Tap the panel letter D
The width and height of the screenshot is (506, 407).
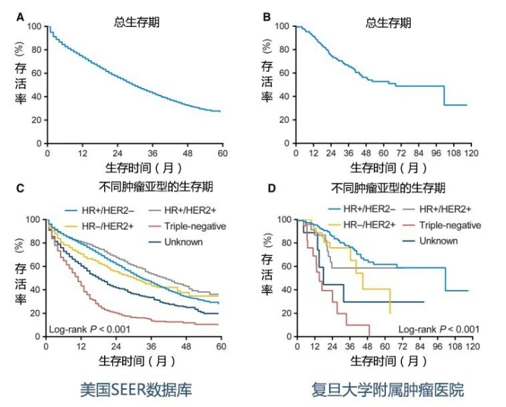(x=270, y=189)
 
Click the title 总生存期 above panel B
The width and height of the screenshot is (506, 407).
(x=390, y=23)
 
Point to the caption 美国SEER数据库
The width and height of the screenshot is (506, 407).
(x=137, y=390)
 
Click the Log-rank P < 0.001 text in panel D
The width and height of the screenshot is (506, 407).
(x=439, y=330)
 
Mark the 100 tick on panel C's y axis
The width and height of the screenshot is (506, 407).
(x=33, y=219)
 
